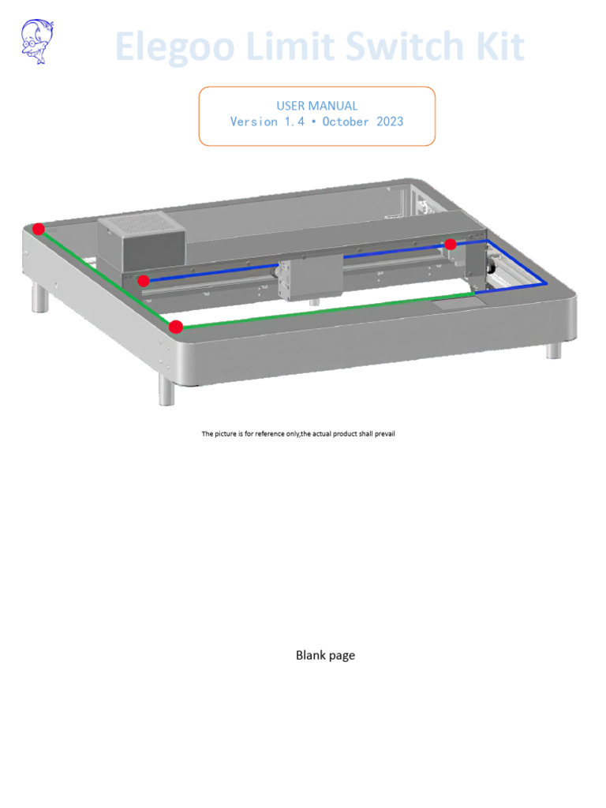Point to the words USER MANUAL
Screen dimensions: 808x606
316,106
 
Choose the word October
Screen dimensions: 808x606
342,122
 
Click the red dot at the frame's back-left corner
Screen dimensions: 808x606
39,229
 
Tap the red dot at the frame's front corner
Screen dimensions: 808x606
176,327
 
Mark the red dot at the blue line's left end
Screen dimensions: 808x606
144,280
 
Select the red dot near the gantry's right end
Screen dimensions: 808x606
451,245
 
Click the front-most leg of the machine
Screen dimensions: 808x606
166,390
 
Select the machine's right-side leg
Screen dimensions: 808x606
554,350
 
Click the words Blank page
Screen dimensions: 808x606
325,655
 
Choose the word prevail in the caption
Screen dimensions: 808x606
381,434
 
